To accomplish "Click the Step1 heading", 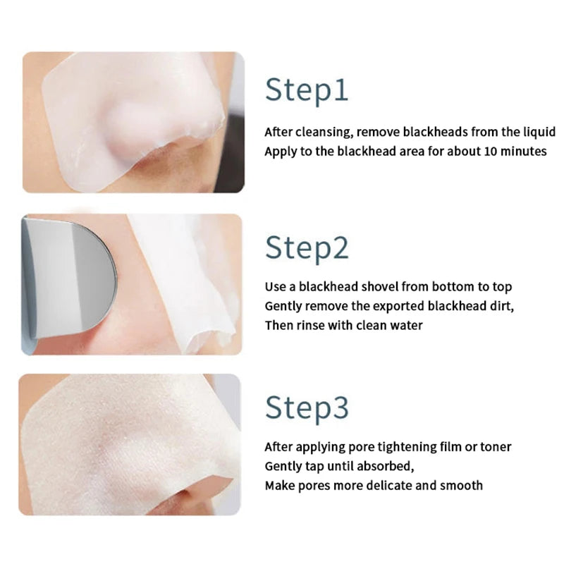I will click(x=307, y=90).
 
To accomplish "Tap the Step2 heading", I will click(x=307, y=248).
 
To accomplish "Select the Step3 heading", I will click(x=307, y=407).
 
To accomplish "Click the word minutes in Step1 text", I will click(x=522, y=151).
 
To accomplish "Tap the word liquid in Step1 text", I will click(x=539, y=132).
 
